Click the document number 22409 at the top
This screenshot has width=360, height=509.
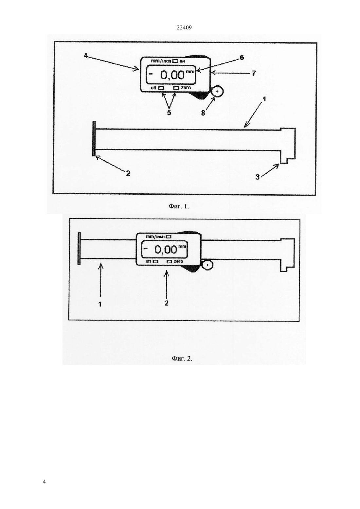tap(184, 28)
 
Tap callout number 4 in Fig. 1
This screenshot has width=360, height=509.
tap(85, 56)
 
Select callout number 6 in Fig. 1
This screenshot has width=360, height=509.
tap(242, 58)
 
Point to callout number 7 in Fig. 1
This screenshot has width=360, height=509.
tap(254, 73)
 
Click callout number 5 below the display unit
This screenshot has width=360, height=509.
tap(169, 113)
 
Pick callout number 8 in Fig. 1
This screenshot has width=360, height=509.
tap(203, 113)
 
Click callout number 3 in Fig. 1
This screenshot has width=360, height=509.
tap(258, 177)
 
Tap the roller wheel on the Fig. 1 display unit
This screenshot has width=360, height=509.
tap(218, 91)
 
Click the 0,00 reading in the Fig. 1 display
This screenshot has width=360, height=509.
tap(172, 75)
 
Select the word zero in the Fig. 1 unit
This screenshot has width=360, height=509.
tap(186, 88)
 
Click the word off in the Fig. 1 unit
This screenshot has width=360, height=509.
tap(153, 88)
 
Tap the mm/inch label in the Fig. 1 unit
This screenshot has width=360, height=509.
tap(161, 61)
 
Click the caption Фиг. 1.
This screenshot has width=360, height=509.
tap(179, 206)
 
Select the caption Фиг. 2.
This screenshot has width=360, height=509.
tap(182, 358)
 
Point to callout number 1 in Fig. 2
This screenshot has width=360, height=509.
tap(100, 304)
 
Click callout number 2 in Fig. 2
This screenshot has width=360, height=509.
tap(166, 303)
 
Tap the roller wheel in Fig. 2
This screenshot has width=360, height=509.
tap(207, 265)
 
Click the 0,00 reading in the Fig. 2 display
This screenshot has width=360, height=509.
tap(166, 250)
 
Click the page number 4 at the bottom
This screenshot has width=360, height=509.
tap(44, 482)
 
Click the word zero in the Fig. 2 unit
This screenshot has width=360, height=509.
tap(178, 261)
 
